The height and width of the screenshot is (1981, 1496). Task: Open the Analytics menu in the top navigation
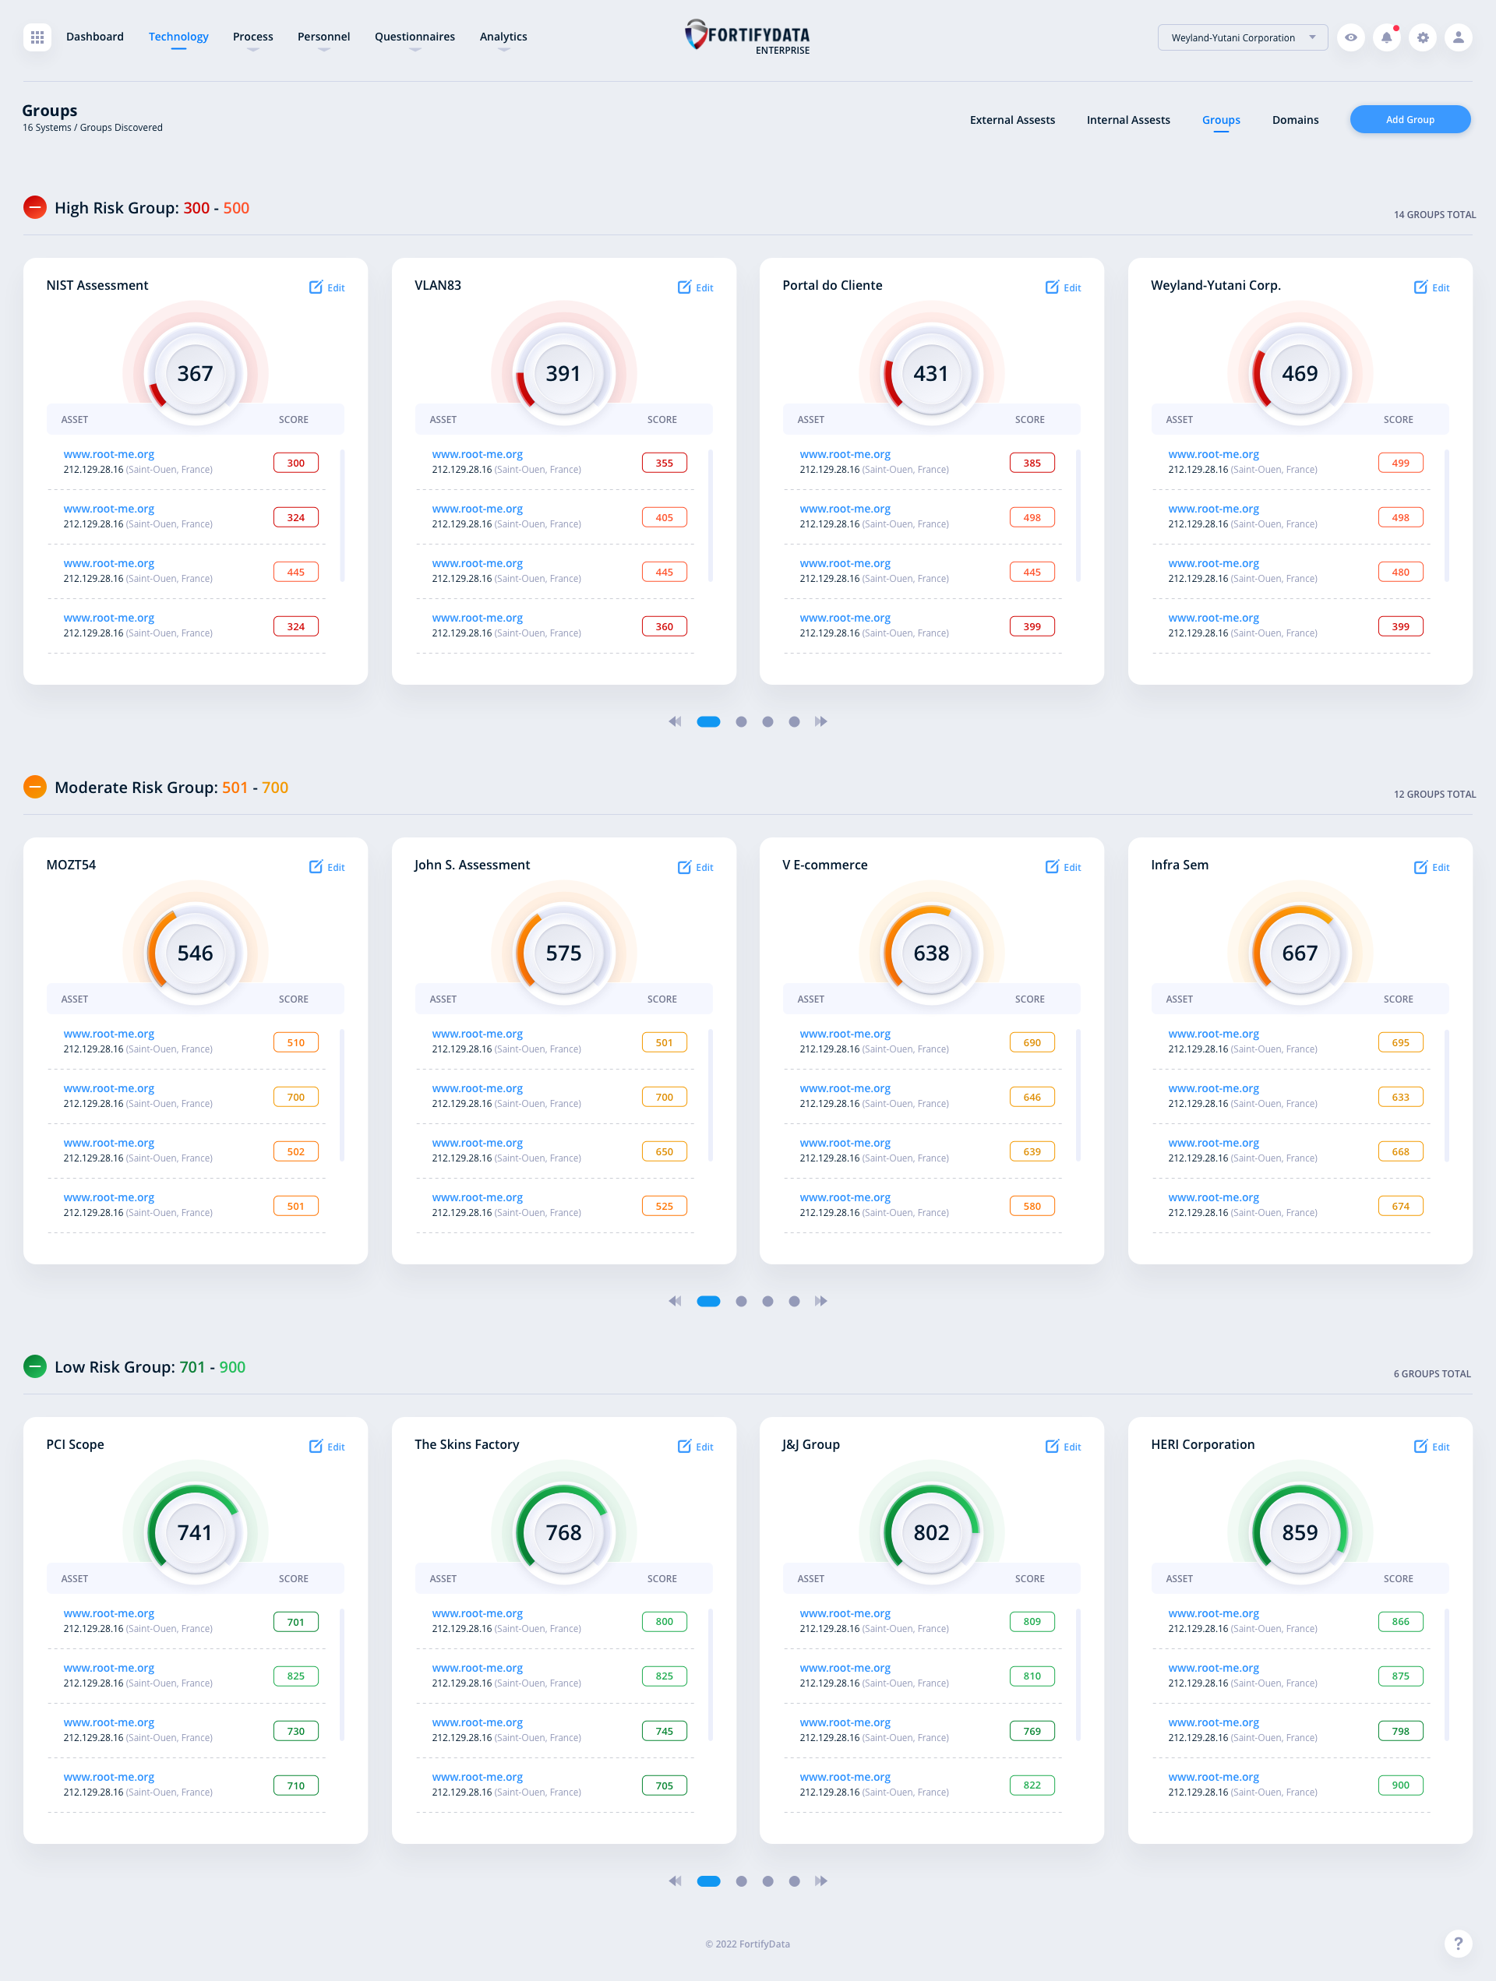(x=503, y=37)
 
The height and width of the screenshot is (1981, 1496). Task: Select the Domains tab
(x=1294, y=120)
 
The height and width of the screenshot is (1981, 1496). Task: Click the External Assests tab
(x=1011, y=120)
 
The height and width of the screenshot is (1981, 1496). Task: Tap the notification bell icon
(x=1386, y=37)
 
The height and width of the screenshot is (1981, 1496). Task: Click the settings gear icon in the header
(x=1422, y=37)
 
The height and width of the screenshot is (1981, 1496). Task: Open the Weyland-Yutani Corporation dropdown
(x=1241, y=37)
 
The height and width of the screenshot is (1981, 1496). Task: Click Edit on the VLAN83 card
(x=696, y=287)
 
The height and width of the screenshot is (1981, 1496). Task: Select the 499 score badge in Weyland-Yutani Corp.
(x=1399, y=463)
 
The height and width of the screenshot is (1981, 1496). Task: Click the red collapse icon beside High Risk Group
(x=35, y=208)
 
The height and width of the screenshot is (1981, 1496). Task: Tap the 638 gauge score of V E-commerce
(x=931, y=953)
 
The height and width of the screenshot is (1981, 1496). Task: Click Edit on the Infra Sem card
(x=1431, y=867)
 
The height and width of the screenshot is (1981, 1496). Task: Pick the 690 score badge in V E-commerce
(x=1031, y=1042)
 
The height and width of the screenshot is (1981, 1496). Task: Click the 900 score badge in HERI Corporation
(x=1399, y=1785)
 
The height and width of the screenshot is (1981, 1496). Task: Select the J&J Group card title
(x=810, y=1444)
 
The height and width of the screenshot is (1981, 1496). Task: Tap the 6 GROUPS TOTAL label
(x=1431, y=1374)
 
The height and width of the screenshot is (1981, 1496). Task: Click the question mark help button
(x=1458, y=1943)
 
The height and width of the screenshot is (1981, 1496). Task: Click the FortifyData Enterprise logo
(x=747, y=37)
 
